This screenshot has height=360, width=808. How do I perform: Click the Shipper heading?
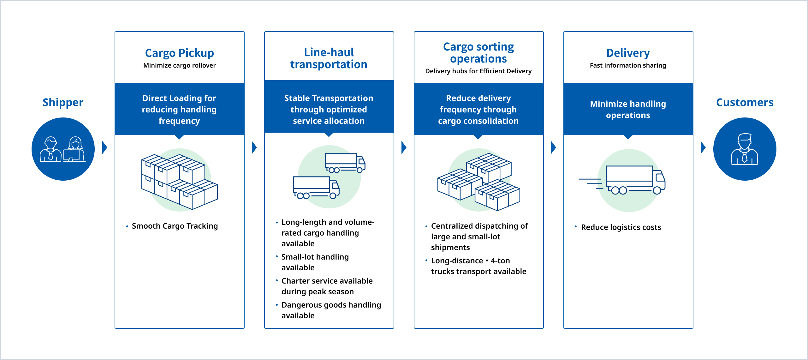pyautogui.click(x=63, y=102)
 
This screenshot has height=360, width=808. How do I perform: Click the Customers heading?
pyautogui.click(x=745, y=102)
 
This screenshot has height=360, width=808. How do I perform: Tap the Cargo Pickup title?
pyautogui.click(x=179, y=53)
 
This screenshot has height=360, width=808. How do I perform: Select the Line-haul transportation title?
pyautogui.click(x=329, y=58)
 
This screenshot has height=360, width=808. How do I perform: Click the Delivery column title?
pyautogui.click(x=628, y=53)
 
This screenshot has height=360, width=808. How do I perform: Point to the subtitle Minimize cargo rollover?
pyautogui.click(x=179, y=65)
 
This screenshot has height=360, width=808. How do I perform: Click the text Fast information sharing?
pyautogui.click(x=628, y=65)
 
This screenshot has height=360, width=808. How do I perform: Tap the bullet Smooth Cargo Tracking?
pyautogui.click(x=175, y=226)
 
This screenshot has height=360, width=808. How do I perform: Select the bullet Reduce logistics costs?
pyautogui.click(x=621, y=227)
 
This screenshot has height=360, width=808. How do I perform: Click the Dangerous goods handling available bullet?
pyautogui.click(x=331, y=310)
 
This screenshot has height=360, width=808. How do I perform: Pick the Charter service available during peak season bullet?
pyautogui.click(x=327, y=286)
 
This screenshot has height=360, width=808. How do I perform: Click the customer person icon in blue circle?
pyautogui.click(x=745, y=149)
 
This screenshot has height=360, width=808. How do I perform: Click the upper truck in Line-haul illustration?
pyautogui.click(x=345, y=163)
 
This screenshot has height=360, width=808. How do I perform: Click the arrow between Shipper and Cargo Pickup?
pyautogui.click(x=105, y=147)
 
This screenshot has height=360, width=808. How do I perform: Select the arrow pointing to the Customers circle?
pyautogui.click(x=703, y=147)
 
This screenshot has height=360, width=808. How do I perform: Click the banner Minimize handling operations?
pyautogui.click(x=628, y=109)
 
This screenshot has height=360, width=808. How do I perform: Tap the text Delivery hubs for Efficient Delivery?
pyautogui.click(x=478, y=71)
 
